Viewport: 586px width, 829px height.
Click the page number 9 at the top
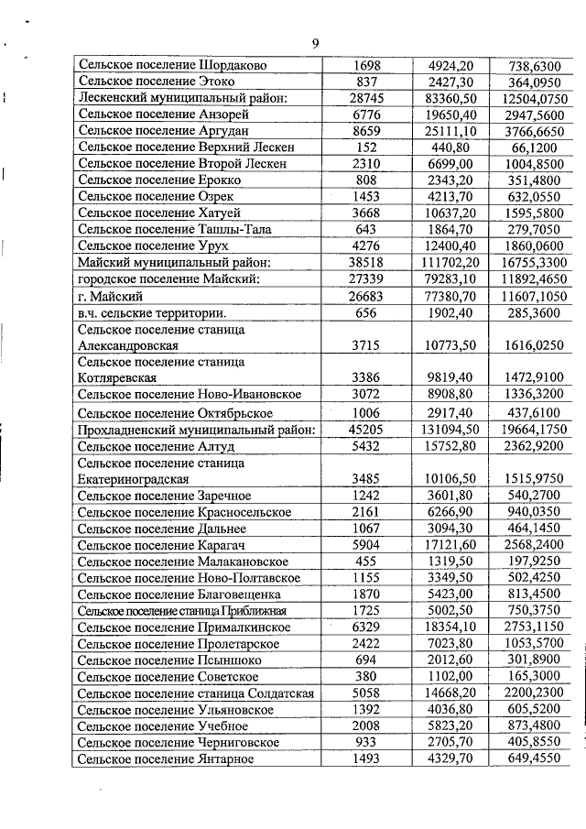point(315,44)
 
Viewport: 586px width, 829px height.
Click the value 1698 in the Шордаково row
point(366,66)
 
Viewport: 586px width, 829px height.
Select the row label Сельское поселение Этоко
point(151,82)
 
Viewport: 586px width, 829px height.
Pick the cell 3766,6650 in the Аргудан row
point(536,130)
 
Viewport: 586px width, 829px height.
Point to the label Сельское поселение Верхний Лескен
point(182,147)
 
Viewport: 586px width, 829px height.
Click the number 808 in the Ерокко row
point(366,180)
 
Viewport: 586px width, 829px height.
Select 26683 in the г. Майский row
point(366,295)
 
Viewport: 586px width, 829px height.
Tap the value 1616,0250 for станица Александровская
point(536,344)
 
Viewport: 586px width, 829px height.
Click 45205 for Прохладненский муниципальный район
point(366,429)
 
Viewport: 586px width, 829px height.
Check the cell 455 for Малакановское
point(366,561)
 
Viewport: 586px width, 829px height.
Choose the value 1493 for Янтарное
point(366,758)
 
